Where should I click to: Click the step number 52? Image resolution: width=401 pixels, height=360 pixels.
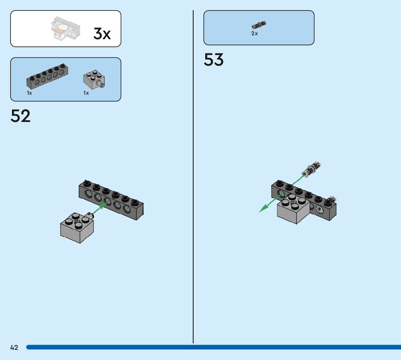pyautogui.click(x=21, y=116)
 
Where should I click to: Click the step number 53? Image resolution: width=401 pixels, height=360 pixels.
pyautogui.click(x=214, y=60)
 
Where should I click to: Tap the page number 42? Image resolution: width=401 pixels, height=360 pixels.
pyautogui.click(x=14, y=348)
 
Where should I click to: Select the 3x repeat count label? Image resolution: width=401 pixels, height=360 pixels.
pyautogui.click(x=102, y=34)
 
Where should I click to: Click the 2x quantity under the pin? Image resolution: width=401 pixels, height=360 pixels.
pyautogui.click(x=255, y=33)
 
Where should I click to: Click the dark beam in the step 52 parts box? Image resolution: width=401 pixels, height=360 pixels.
pyautogui.click(x=47, y=77)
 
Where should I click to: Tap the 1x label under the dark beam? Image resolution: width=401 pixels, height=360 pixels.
pyautogui.click(x=29, y=93)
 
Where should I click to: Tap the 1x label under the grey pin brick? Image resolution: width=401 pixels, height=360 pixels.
pyautogui.click(x=86, y=93)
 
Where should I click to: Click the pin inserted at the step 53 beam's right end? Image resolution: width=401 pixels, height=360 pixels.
pyautogui.click(x=332, y=199)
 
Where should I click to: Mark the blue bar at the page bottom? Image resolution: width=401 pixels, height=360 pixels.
pyautogui.click(x=214, y=347)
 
